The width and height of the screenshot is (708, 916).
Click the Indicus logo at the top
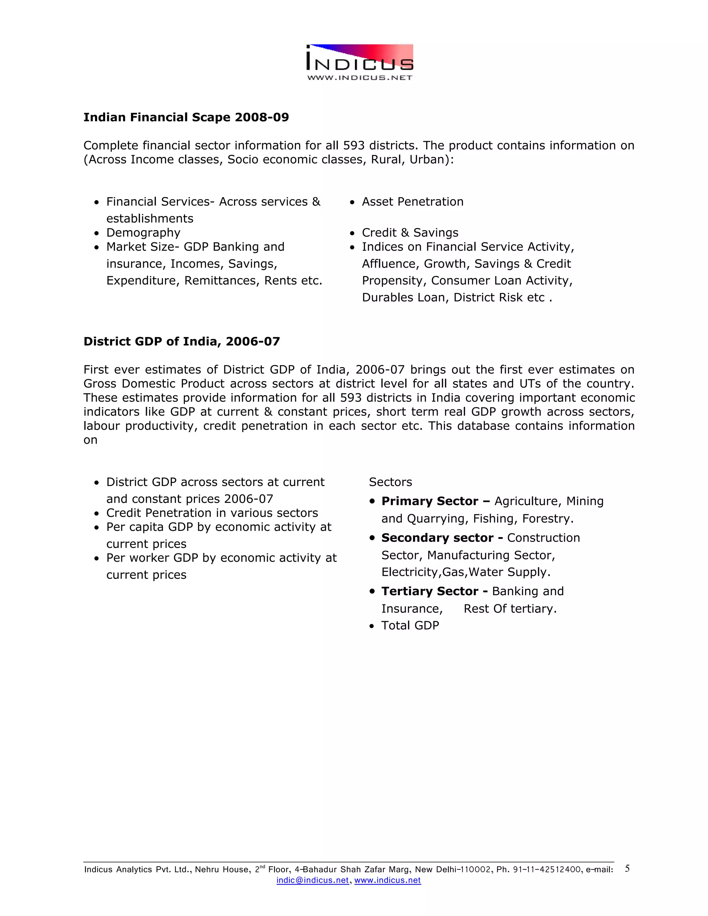tap(360, 58)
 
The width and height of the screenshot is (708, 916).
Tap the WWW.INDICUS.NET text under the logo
tap(360, 77)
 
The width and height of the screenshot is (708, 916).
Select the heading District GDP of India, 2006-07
tap(181, 342)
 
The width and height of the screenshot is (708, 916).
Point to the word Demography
tap(143, 233)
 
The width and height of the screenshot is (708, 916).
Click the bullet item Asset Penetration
tap(412, 202)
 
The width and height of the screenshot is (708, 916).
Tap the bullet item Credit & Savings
tap(410, 233)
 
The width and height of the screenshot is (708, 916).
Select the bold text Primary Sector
tap(429, 501)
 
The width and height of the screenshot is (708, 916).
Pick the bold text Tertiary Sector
tap(429, 591)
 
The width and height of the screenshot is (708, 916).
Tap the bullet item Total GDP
tap(410, 625)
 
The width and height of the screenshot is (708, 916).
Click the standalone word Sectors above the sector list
tap(390, 482)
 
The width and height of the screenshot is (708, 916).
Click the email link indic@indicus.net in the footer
tap(313, 880)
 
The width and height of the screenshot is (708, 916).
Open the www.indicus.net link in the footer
tap(387, 880)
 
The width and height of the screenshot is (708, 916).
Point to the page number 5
tap(627, 868)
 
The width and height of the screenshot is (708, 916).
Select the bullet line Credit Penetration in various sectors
tap(212, 513)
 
